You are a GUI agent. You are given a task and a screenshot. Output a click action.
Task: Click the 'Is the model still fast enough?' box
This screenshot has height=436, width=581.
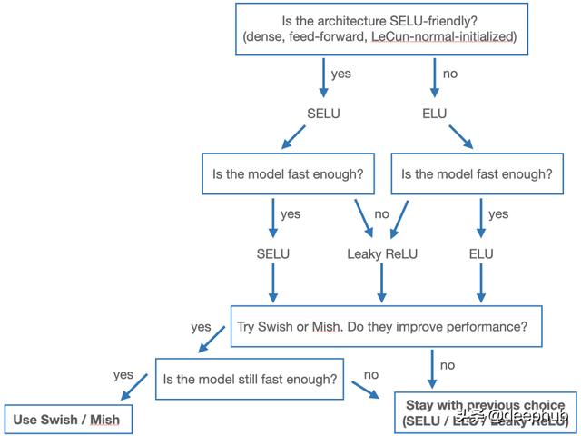[x=251, y=379]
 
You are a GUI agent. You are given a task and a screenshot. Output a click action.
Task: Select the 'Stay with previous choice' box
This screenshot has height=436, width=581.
[x=486, y=413]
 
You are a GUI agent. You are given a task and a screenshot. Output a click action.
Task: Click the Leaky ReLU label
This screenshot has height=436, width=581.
[x=382, y=253]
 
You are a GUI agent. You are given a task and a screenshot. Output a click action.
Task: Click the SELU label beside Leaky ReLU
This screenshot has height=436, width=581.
[x=271, y=253]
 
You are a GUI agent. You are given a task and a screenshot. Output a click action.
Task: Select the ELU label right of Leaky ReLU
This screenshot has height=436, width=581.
[x=480, y=253]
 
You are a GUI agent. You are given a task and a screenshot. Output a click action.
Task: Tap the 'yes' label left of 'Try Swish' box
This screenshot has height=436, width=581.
[x=201, y=326]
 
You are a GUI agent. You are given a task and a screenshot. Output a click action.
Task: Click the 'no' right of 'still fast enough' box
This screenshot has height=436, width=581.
[x=371, y=374]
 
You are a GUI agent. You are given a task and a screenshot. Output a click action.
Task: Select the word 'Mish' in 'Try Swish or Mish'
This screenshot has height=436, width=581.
[x=326, y=325]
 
